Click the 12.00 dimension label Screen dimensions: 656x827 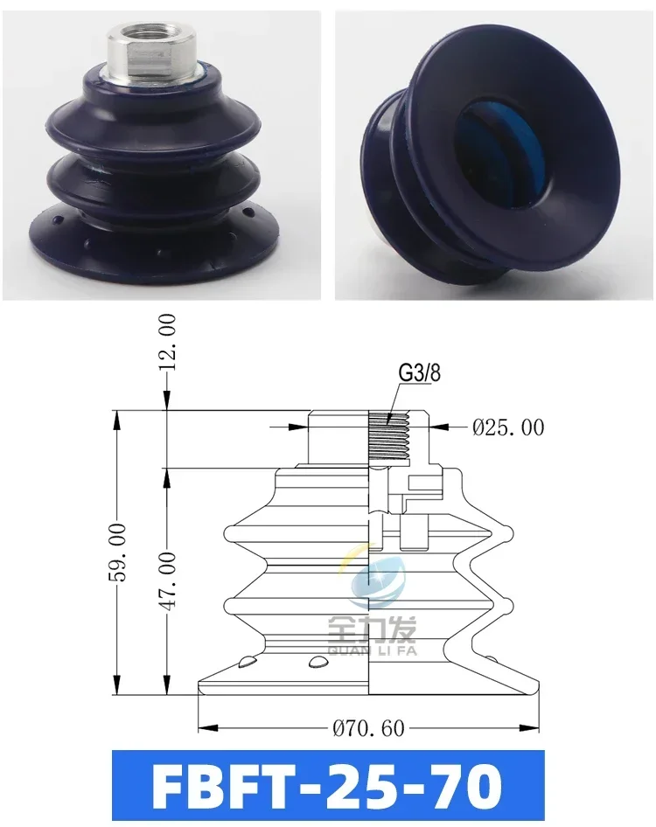tap(167, 337)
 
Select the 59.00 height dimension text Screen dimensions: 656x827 tap(116, 552)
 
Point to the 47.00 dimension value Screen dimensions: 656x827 tap(167, 581)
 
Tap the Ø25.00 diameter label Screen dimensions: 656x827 tap(508, 427)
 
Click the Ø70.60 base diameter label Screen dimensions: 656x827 tap(368, 728)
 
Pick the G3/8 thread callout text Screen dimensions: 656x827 tap(419, 373)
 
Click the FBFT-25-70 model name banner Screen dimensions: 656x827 tap(328, 786)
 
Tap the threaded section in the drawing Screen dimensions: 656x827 tap(390, 434)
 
